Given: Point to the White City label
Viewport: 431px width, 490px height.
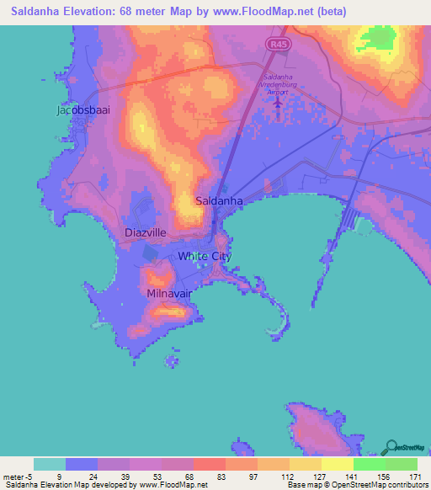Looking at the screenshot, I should tap(204, 256).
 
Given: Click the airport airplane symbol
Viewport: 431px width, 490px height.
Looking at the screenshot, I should tap(278, 102).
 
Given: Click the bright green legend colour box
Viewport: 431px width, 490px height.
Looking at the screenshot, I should tap(370, 464).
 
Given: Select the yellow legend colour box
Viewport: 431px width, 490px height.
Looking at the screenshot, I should tap(338, 464).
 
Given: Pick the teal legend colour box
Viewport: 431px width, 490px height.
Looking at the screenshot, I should tap(50, 464).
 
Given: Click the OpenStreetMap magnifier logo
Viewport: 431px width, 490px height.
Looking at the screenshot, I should tap(391, 447).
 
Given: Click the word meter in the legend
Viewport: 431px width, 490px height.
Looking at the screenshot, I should tap(15, 477).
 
